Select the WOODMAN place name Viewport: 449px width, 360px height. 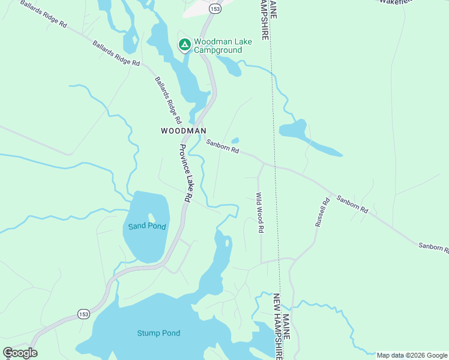184,130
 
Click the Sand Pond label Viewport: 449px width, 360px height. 147,226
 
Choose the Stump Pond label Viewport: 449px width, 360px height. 158,333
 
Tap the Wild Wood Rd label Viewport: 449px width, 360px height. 261,212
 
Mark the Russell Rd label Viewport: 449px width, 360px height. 322,212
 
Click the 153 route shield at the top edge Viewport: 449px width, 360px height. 215,8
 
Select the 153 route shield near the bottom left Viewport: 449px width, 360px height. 83,314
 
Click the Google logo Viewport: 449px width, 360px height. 20,353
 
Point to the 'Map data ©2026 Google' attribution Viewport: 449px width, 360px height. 411,355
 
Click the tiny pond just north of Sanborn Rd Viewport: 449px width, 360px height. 235,141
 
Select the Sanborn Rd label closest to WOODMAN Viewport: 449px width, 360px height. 223,146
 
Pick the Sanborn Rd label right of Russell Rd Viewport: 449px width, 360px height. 352,203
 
